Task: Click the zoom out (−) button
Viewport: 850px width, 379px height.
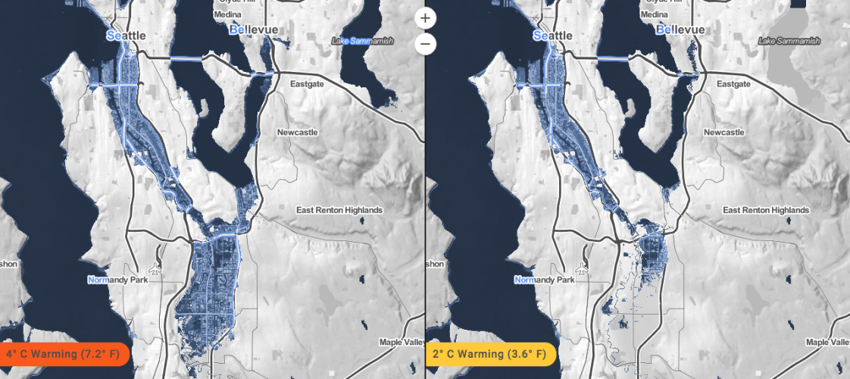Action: (426, 45)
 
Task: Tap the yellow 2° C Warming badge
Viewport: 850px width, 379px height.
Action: (490, 354)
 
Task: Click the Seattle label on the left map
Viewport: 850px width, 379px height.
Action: (127, 36)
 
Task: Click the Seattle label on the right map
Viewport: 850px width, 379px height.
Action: (553, 36)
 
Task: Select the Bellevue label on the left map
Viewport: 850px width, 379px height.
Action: (254, 30)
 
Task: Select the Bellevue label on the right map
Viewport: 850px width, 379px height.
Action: (680, 30)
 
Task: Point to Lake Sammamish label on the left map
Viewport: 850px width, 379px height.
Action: (362, 41)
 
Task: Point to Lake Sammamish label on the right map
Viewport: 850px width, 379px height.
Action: (789, 41)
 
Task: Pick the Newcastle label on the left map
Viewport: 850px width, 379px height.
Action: (298, 133)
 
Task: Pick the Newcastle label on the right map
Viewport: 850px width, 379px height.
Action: (723, 133)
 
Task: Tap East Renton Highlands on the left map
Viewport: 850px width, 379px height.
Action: (339, 210)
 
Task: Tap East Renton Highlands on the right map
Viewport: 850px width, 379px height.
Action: (764, 210)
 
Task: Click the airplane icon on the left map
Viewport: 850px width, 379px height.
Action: (157, 268)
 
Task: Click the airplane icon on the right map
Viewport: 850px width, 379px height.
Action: (583, 268)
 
